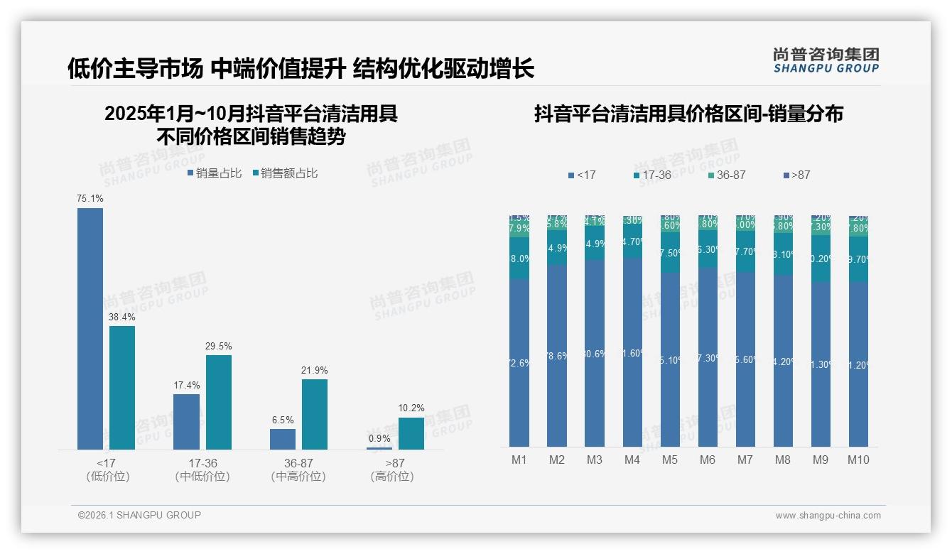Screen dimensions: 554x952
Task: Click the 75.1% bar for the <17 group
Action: pos(90,328)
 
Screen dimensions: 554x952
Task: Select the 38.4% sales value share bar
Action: pos(122,387)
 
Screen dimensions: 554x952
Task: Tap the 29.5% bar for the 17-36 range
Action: pos(219,402)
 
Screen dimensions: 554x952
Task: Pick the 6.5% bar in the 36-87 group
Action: pos(283,439)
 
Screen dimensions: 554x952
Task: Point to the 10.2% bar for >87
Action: pos(411,433)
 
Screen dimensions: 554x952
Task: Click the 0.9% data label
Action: pos(379,438)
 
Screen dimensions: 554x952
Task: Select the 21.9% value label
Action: pos(315,371)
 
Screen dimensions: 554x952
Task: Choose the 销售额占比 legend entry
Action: pos(284,173)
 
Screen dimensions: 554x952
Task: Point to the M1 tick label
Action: pos(519,460)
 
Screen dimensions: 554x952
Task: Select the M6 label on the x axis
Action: pos(708,460)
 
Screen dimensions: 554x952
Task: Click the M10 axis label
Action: pos(858,460)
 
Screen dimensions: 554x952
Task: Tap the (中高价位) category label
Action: pos(298,477)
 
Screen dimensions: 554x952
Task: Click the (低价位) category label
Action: pos(107,477)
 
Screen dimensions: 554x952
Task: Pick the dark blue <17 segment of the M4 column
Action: pos(632,352)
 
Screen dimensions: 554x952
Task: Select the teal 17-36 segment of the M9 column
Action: pos(821,259)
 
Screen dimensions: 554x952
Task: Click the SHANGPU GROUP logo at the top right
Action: pos(826,60)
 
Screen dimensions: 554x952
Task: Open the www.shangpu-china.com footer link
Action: pos(828,516)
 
